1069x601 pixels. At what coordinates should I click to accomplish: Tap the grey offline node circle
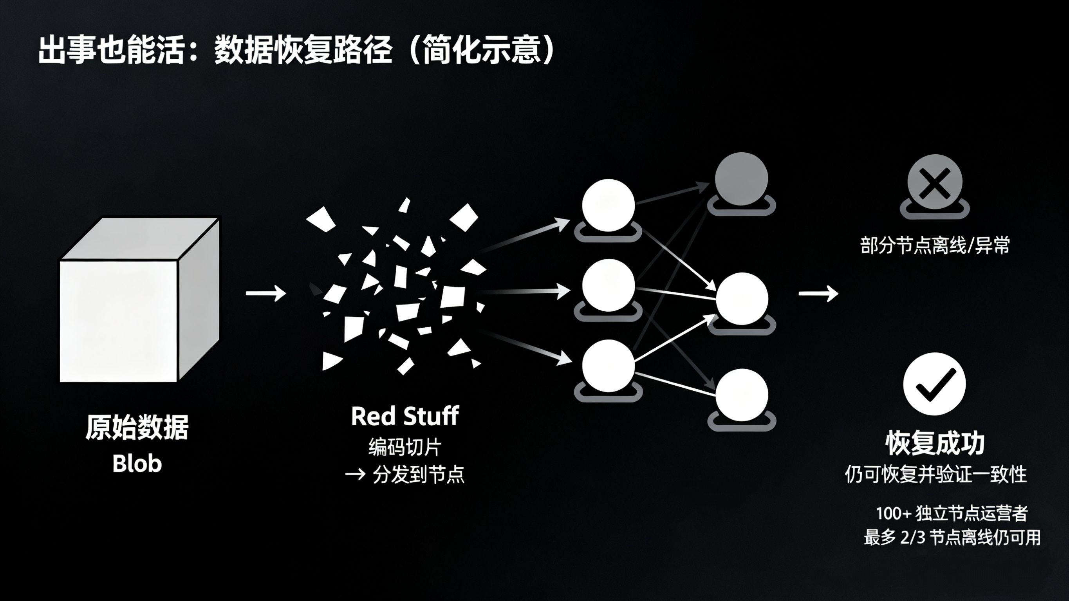click(741, 179)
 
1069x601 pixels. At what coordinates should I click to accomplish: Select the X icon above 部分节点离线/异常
click(935, 182)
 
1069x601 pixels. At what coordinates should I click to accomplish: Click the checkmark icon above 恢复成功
click(935, 384)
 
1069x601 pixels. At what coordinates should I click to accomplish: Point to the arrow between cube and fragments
click(265, 293)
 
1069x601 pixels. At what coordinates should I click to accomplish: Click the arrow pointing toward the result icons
click(818, 293)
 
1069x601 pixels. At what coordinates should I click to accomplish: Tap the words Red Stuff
click(404, 416)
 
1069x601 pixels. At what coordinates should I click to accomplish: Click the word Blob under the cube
click(137, 464)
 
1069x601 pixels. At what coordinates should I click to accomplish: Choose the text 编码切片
click(404, 447)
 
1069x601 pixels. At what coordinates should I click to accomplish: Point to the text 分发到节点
click(418, 474)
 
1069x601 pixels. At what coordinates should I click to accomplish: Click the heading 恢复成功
click(935, 443)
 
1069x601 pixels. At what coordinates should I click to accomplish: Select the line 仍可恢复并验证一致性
click(936, 475)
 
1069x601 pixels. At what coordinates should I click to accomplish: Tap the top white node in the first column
click(609, 206)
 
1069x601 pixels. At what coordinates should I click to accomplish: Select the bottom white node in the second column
click(742, 395)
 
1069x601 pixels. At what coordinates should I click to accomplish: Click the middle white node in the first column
click(609, 285)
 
